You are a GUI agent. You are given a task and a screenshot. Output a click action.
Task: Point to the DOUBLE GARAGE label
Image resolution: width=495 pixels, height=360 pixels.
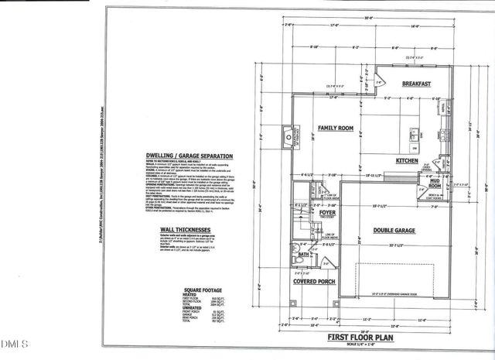coord(394,230)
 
